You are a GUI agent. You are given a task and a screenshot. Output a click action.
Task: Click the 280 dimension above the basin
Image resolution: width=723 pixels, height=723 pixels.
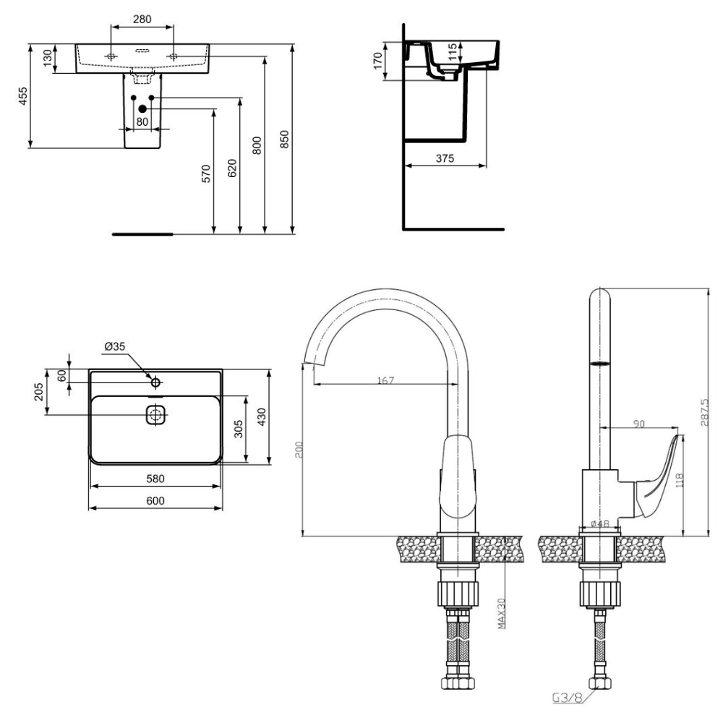pos(142,20)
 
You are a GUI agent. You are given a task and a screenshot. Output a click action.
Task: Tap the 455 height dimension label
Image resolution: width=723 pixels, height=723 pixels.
pos(23,96)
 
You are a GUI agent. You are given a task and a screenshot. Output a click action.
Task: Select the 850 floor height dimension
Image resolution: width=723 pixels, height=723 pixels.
pos(284,140)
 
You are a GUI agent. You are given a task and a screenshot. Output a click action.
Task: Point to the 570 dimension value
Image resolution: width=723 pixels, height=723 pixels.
pos(206,174)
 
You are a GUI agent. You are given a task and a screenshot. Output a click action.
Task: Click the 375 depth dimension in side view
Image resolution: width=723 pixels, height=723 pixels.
pos(445,158)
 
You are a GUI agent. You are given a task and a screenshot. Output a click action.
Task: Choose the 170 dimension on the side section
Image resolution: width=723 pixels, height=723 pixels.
pos(377,61)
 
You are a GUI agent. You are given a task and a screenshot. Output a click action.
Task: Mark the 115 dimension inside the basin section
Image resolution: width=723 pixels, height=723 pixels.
pos(453,51)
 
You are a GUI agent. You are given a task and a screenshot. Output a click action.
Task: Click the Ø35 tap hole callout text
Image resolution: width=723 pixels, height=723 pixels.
pos(115,346)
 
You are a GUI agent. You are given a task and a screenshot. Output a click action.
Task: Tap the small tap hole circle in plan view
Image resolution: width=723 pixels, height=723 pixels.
pos(155,382)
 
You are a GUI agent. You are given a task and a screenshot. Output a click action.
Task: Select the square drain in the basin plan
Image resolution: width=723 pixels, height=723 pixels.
pos(155,414)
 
